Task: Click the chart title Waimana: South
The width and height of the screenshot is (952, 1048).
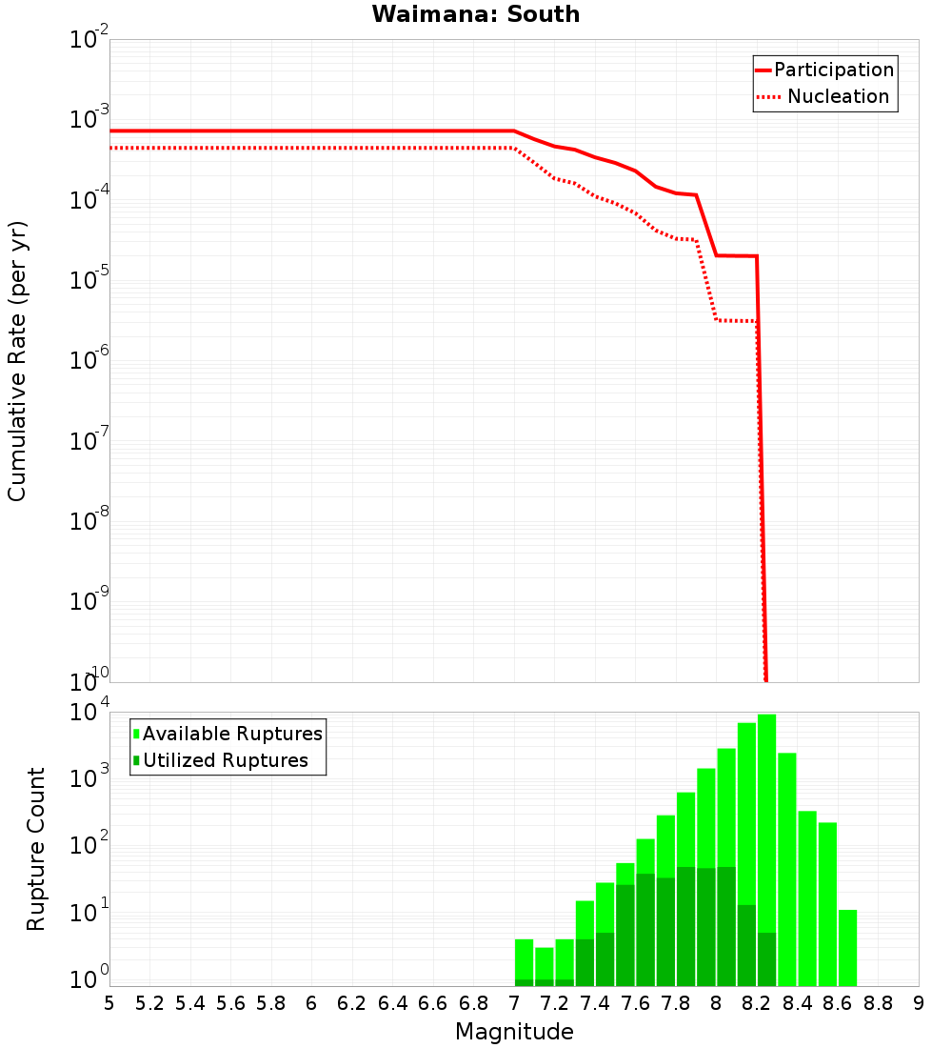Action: point(476,14)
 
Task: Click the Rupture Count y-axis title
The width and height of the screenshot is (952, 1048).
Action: point(36,849)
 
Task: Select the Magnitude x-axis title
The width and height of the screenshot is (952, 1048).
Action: point(514,1032)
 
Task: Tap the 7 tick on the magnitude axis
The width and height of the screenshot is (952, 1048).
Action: point(514,1002)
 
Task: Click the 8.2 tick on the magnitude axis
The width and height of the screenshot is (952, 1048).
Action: point(757,1002)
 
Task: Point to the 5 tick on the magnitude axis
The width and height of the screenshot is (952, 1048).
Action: point(109,1002)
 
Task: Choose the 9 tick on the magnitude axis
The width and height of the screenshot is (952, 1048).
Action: point(919,1002)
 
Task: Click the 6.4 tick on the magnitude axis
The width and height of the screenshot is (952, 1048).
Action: point(392,1002)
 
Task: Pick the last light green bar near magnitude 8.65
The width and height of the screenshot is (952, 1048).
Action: point(847,948)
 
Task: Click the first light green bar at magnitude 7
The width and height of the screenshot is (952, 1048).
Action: point(524,957)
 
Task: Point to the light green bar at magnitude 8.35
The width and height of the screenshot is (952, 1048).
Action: point(787,867)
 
